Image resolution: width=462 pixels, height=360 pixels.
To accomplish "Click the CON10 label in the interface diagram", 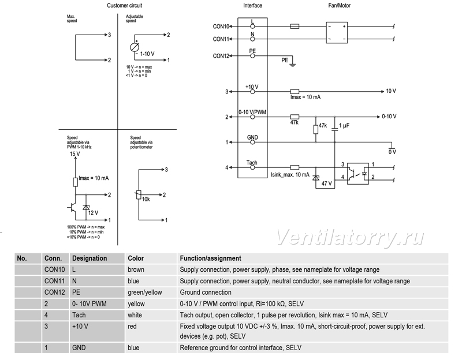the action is pos(221,27).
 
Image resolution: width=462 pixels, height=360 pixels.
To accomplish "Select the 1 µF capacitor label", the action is pos(344,126).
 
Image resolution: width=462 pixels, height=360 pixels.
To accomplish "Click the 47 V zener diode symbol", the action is pos(316,178).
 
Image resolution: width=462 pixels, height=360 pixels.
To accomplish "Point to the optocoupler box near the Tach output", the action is pos(358,174).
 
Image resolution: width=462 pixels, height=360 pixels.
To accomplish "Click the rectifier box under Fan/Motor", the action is pos(337,33).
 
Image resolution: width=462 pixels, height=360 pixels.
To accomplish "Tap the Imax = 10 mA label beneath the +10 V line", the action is pos(305,97).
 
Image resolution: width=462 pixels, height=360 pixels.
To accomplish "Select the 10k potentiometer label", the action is pos(146,199).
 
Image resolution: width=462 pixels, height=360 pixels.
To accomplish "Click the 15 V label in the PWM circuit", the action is pos(75,154).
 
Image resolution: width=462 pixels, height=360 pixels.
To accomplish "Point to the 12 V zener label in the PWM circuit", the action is pos(93,213).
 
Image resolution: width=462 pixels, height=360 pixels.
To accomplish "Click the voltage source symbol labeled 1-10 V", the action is pos(135,47).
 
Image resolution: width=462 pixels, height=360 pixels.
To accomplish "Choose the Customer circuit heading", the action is pos(124,5).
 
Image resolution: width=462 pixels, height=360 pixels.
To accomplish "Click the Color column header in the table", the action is pos(136,258).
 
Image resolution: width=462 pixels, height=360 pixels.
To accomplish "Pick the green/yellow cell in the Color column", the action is pos(145,292).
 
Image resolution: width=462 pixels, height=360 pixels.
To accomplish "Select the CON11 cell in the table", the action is pos(54,281).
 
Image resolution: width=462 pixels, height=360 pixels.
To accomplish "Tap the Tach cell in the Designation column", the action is pos(79,315).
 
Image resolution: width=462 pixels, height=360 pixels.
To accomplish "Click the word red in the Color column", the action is pos(132,326).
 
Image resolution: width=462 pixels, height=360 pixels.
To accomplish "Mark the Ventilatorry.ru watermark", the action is pos(351,238).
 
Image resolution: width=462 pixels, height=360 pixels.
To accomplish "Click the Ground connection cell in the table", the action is pos(206,292).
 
